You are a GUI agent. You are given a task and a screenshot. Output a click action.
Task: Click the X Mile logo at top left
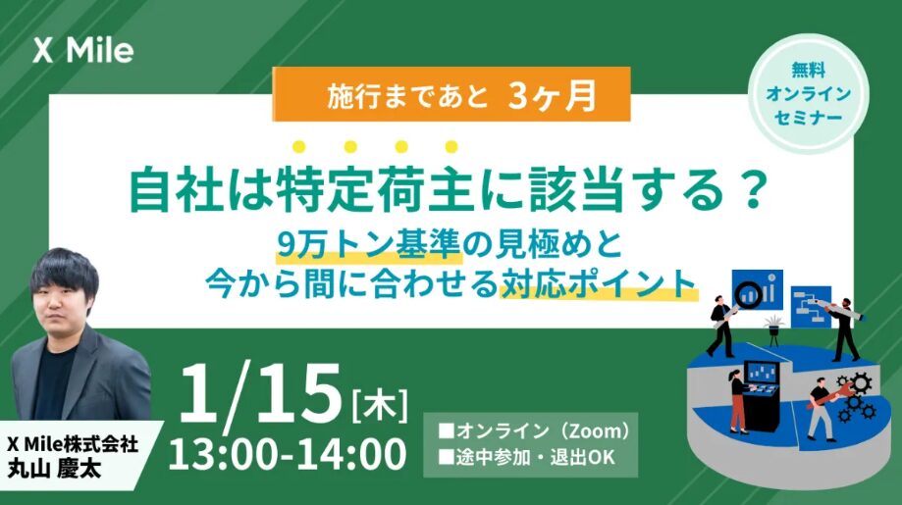click(83, 51)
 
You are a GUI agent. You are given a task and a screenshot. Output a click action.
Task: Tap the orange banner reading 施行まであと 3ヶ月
click(451, 95)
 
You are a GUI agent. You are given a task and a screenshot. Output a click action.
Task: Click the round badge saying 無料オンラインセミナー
click(808, 94)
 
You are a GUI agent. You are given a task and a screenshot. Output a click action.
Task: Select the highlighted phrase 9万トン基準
click(369, 246)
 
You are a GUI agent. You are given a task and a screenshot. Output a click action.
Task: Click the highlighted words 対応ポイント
click(599, 284)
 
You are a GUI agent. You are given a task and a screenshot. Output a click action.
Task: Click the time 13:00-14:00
click(288, 454)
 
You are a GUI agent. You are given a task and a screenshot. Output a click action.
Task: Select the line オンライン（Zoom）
click(535, 430)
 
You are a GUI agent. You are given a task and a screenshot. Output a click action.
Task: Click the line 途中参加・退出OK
click(527, 457)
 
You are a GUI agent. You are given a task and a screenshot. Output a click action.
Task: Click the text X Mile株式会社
click(73, 444)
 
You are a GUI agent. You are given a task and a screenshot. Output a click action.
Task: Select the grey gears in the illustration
click(856, 397)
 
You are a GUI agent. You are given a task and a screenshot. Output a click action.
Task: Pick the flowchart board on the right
click(811, 307)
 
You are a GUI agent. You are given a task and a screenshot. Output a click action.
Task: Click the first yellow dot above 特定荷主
click(299, 147)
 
